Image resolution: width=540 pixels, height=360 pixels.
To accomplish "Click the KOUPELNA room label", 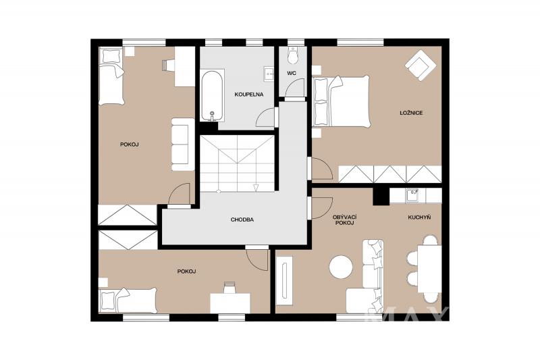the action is [248, 95].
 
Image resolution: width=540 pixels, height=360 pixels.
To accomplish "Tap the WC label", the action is [292, 73].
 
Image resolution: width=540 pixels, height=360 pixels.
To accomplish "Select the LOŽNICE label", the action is [411, 113].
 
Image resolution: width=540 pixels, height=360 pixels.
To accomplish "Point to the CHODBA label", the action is [242, 220].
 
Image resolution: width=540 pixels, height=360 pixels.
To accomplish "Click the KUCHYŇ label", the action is [419, 217].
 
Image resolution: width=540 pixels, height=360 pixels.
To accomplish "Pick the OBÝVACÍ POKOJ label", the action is [344, 220].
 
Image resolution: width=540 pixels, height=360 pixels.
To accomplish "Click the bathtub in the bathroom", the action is [213, 96].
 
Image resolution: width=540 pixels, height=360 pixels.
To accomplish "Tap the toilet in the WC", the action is [293, 55].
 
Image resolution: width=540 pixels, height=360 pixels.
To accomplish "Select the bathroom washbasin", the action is [269, 74].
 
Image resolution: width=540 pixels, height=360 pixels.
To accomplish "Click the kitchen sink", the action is [412, 196].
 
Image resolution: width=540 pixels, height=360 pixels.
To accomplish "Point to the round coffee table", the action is [341, 266].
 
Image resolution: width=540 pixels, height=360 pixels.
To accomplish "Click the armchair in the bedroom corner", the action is [419, 65].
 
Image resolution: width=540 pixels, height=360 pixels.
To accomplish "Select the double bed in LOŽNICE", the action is [340, 102].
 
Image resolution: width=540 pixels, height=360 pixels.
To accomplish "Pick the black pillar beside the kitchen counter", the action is [381, 197].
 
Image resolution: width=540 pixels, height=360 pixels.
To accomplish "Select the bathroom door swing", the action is [266, 118].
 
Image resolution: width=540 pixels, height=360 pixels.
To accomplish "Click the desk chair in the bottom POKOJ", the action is [230, 287].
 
